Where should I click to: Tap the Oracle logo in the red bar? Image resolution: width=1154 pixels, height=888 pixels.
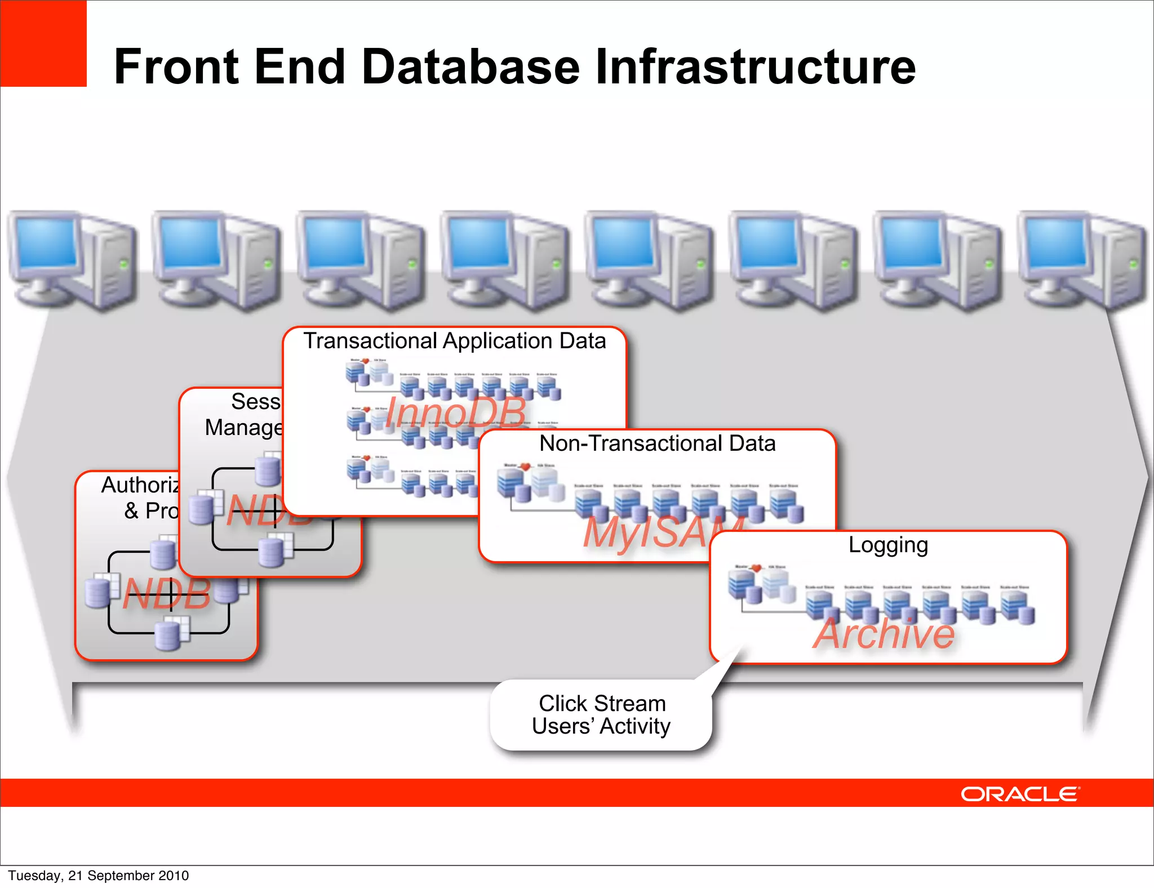click(x=1020, y=794)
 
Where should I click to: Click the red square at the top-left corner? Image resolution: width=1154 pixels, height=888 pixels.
click(x=43, y=43)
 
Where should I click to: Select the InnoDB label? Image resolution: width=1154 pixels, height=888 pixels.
click(x=455, y=412)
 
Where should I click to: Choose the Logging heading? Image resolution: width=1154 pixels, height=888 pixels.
click(x=888, y=545)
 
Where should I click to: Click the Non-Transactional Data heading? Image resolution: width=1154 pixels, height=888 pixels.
click(x=657, y=444)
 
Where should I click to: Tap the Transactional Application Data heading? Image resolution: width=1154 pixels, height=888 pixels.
click(x=454, y=341)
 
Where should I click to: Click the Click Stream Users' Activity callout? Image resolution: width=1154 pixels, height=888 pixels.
click(x=601, y=715)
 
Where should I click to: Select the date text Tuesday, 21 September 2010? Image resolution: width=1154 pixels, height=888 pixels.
click(x=99, y=876)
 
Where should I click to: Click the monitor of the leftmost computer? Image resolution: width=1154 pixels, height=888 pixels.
click(x=47, y=243)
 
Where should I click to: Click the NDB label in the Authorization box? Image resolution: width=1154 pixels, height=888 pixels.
click(x=167, y=594)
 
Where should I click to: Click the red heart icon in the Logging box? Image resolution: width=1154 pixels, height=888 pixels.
click(x=756, y=568)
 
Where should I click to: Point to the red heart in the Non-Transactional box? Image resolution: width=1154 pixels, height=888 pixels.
click(x=525, y=467)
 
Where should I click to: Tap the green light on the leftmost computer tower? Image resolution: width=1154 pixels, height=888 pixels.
click(x=124, y=263)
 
